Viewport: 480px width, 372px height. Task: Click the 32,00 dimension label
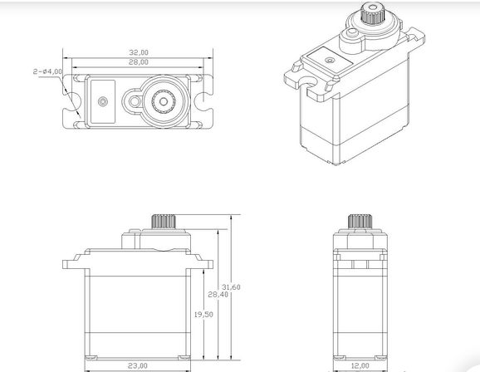click(x=139, y=52)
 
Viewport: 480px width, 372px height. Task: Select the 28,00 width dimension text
click(x=139, y=62)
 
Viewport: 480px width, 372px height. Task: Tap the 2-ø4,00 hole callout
click(x=47, y=71)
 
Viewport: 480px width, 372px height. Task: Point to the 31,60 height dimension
click(x=231, y=287)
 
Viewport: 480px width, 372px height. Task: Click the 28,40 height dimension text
click(x=218, y=295)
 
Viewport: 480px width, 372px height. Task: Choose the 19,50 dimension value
click(x=203, y=315)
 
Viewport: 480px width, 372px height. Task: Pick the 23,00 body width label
click(x=138, y=366)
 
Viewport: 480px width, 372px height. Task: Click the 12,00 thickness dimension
click(x=360, y=366)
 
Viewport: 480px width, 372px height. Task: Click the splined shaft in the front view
click(x=164, y=222)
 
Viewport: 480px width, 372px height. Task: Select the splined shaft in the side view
click(x=360, y=221)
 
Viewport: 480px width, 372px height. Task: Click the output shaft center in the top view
click(x=164, y=101)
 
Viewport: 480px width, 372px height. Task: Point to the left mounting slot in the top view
click(x=73, y=101)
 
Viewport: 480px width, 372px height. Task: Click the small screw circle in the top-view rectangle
click(x=103, y=101)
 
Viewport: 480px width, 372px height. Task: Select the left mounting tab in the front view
click(x=73, y=262)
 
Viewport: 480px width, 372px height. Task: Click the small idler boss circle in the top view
click(x=135, y=101)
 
